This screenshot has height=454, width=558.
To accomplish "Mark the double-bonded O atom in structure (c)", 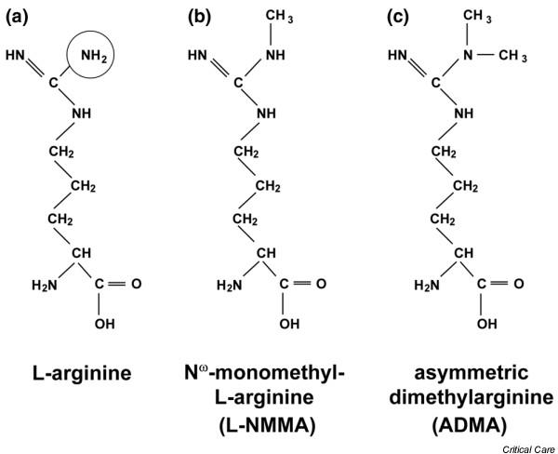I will tap(518, 283).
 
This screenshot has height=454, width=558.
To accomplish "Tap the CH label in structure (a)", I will tap(84, 251).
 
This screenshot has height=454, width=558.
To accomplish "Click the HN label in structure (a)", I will tap(16, 56).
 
